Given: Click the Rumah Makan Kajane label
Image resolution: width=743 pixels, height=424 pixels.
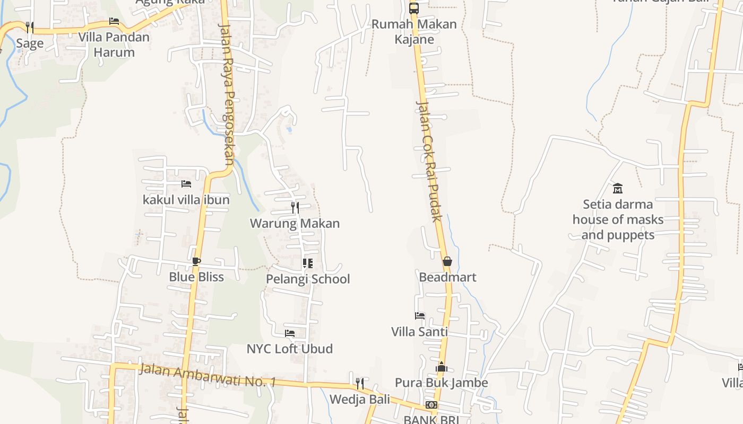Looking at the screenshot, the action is click(x=413, y=32).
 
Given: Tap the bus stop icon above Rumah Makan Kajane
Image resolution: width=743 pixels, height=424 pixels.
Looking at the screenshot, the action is click(x=414, y=8).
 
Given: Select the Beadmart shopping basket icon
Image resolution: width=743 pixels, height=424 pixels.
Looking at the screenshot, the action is click(x=447, y=261).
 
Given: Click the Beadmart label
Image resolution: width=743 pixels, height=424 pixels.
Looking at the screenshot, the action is click(x=447, y=277).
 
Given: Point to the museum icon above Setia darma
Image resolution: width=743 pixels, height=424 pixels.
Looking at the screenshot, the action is click(x=618, y=188).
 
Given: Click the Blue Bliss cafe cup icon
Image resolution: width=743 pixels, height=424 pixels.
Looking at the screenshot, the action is click(x=196, y=261).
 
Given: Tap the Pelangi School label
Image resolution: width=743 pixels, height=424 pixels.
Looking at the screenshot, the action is click(x=308, y=279).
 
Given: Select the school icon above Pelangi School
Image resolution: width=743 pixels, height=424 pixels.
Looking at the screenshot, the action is click(x=308, y=263).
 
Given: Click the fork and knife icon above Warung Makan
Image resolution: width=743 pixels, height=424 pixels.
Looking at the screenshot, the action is click(x=295, y=207).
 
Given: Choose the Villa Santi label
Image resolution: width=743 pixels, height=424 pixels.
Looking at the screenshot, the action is click(x=419, y=332).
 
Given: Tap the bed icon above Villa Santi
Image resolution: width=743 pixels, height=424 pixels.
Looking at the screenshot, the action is click(x=420, y=316).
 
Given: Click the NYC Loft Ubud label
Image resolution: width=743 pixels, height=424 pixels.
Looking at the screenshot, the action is click(x=290, y=349).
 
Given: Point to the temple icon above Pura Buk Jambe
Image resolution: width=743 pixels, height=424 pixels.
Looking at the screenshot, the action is click(x=441, y=367).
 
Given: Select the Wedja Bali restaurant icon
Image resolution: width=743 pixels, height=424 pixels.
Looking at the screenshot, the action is click(x=360, y=383).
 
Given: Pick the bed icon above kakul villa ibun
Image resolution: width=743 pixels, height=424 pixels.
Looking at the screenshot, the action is click(x=186, y=184).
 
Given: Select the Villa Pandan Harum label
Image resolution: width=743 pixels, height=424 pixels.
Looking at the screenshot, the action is click(x=114, y=45).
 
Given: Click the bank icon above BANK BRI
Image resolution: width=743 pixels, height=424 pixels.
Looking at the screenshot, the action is click(x=431, y=405).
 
